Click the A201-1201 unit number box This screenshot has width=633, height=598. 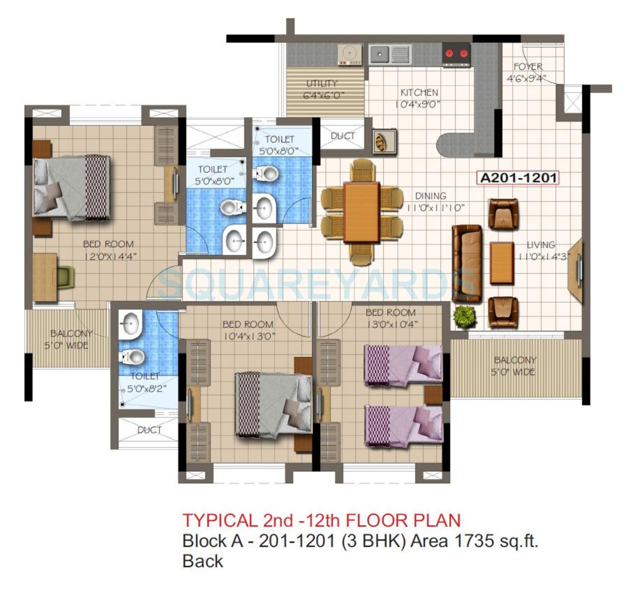517,178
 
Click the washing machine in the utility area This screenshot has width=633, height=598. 350,54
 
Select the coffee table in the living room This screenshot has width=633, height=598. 502,263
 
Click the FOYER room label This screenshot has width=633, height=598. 528,67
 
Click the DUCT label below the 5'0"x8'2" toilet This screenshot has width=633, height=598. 149,430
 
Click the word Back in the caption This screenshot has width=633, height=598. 203,561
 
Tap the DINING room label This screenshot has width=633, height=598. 430,196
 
